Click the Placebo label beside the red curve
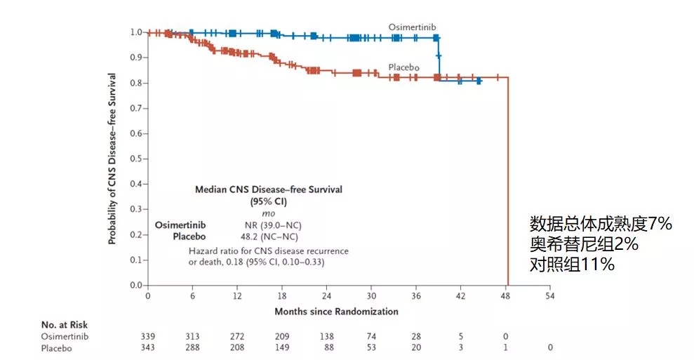point(404,67)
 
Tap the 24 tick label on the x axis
point(327,296)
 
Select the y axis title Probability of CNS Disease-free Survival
point(112,159)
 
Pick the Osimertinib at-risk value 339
point(148,335)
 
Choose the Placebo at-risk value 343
point(148,347)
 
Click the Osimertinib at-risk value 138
point(327,335)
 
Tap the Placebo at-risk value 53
point(372,347)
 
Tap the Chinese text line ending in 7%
point(601,224)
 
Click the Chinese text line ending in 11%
point(573,265)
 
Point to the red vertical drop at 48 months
point(507,182)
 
